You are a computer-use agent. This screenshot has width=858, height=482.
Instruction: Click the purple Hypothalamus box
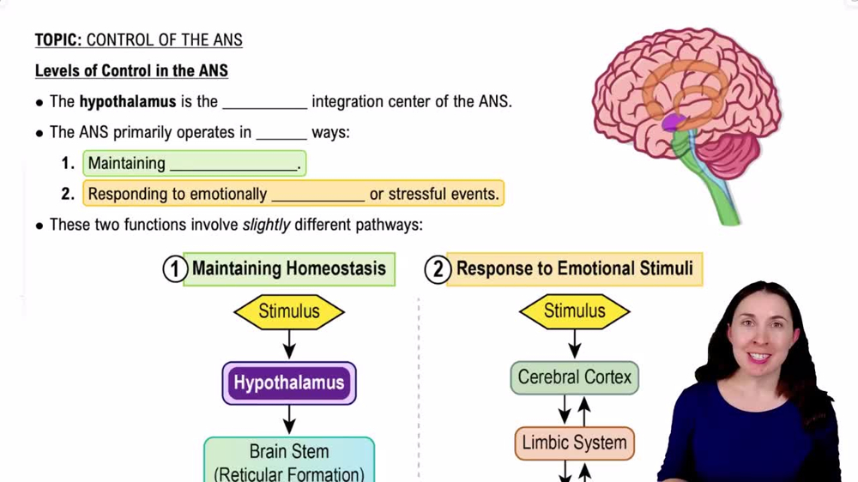pyautogui.click(x=289, y=383)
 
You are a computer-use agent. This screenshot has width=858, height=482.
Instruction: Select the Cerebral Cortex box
pyautogui.click(x=574, y=377)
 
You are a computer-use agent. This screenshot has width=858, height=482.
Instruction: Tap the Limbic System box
pyautogui.click(x=574, y=443)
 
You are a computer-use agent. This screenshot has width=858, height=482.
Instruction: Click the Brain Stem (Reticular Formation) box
pyautogui.click(x=289, y=461)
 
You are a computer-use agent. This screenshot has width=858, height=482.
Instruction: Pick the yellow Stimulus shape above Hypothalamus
pyautogui.click(x=289, y=311)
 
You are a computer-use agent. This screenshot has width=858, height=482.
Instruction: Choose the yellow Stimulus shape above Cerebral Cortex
pyautogui.click(x=574, y=311)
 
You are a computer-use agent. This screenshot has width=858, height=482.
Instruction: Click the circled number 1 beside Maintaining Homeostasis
pyautogui.click(x=174, y=269)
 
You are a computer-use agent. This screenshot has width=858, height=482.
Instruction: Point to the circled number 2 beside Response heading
pyautogui.click(x=437, y=269)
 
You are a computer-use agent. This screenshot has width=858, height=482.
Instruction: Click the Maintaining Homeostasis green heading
pyautogui.click(x=289, y=268)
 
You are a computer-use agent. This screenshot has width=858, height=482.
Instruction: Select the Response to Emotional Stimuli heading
pyautogui.click(x=574, y=268)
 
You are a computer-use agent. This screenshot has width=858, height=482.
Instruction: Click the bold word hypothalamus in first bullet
pyautogui.click(x=127, y=101)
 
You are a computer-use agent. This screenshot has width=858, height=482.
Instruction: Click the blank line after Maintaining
pyautogui.click(x=233, y=165)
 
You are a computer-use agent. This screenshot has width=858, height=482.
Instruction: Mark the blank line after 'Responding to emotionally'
pyautogui.click(x=317, y=196)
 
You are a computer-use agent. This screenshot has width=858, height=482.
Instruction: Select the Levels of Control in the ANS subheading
pyautogui.click(x=131, y=70)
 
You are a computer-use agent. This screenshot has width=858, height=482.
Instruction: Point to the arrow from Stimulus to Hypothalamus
pyautogui.click(x=289, y=345)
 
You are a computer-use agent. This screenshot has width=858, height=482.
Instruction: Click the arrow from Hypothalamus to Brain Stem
pyautogui.click(x=289, y=420)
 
